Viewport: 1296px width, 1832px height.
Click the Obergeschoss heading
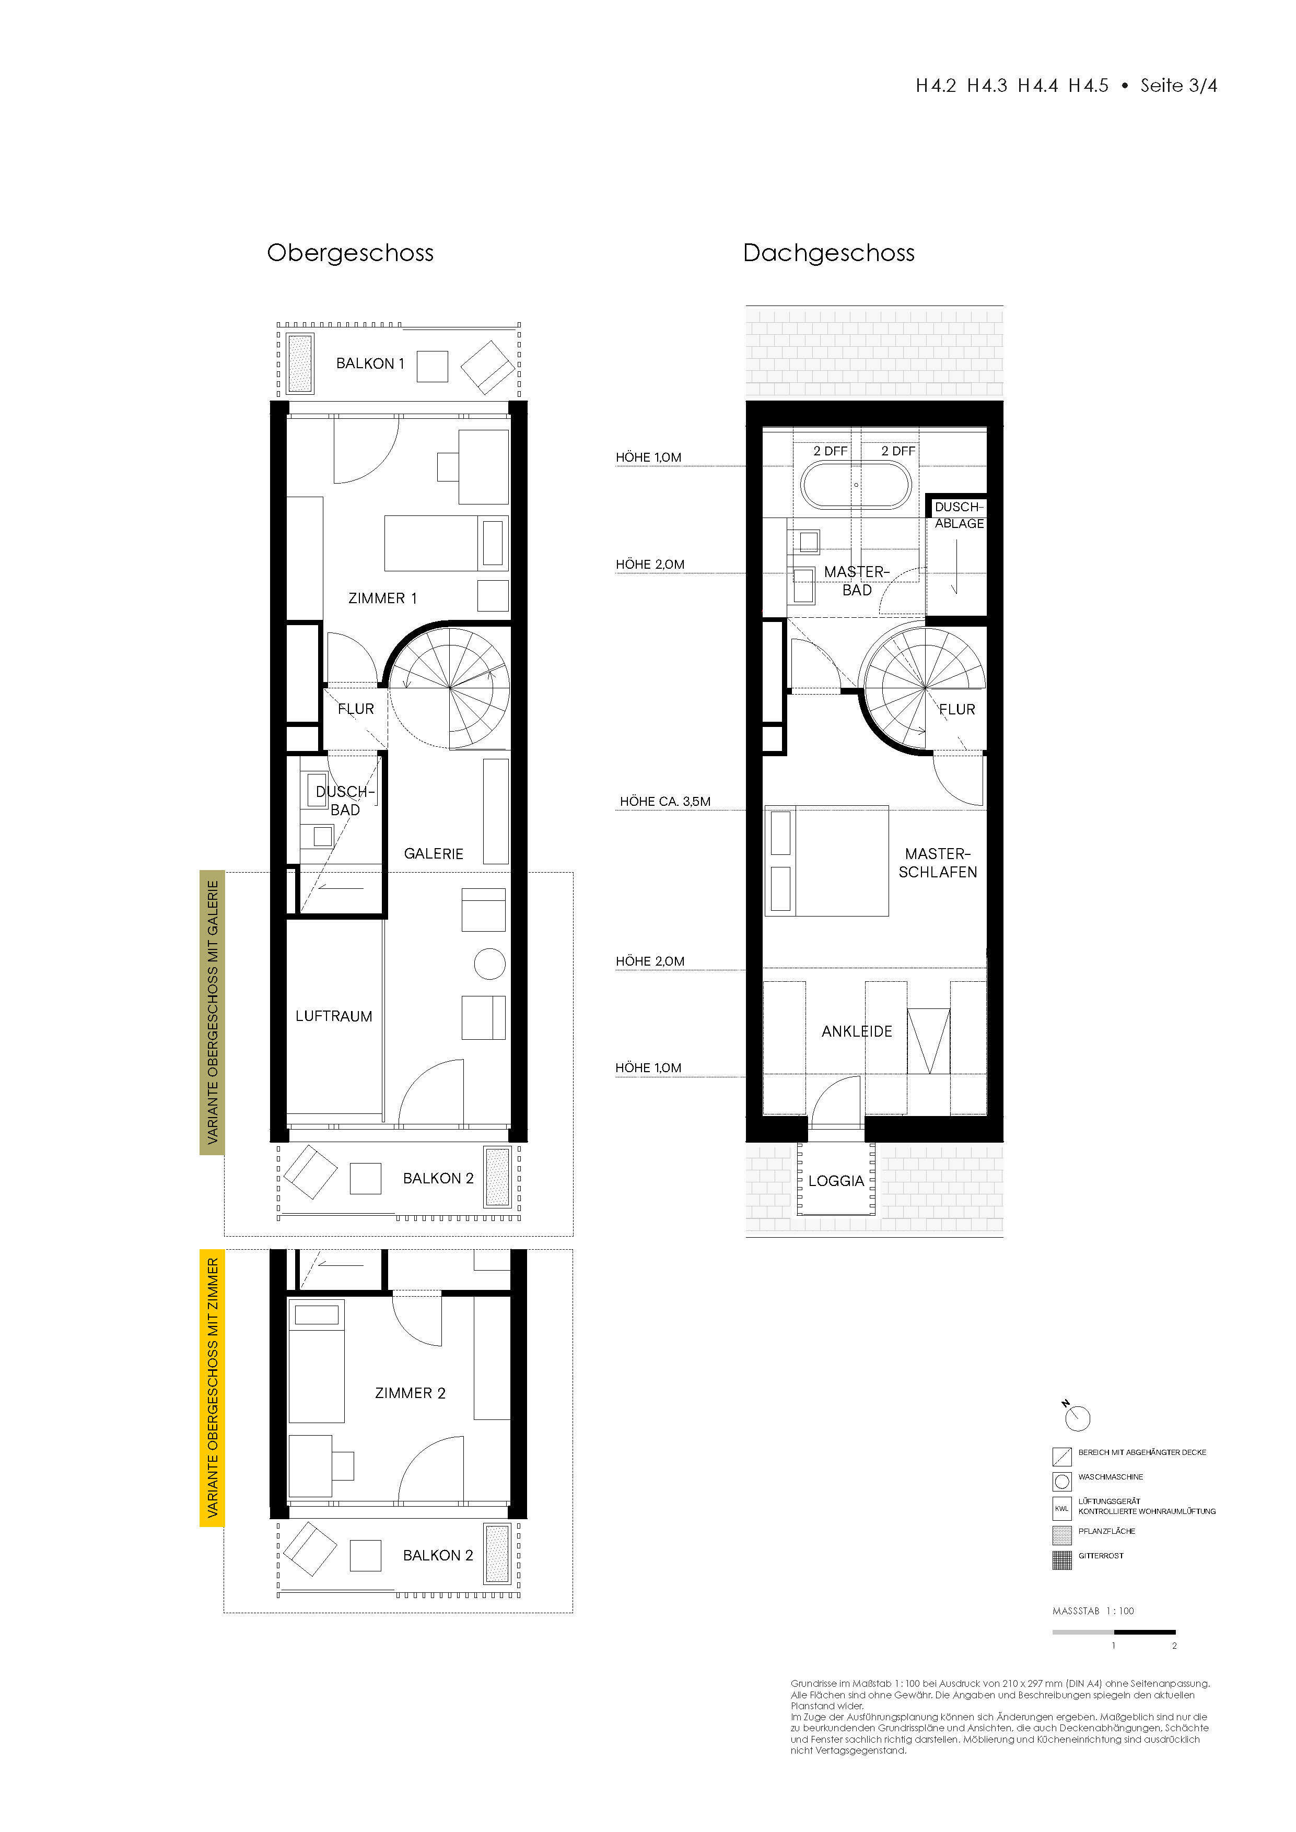[351, 253]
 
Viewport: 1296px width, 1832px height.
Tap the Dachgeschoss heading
[828, 253]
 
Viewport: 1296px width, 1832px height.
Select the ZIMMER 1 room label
[383, 597]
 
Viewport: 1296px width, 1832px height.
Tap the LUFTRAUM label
[334, 1016]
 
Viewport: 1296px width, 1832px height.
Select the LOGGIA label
[836, 1180]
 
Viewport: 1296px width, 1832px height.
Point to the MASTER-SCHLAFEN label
[938, 863]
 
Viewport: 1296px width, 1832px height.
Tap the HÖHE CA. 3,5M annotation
[665, 801]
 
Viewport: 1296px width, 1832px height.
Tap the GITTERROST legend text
[1101, 1555]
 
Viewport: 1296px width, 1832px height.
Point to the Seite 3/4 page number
[1178, 85]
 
